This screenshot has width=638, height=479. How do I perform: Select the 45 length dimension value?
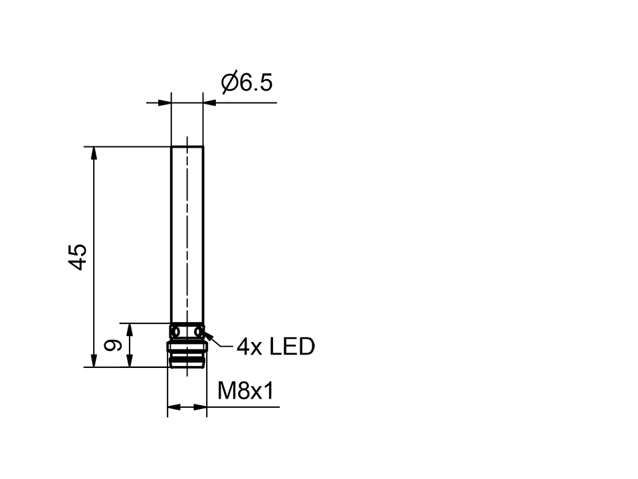[78, 256]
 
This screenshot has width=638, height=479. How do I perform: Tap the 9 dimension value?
[114, 345]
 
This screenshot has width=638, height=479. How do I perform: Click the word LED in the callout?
[292, 347]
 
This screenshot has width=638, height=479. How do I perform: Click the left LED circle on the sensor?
[176, 331]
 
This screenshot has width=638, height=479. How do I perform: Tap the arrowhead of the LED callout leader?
[208, 336]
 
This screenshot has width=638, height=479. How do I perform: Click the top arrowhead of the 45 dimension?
[94, 152]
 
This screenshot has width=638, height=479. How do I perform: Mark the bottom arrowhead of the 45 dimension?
[94, 360]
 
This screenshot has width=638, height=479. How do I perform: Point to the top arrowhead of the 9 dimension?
[131, 329]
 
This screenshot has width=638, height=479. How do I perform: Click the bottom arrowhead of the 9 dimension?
[131, 360]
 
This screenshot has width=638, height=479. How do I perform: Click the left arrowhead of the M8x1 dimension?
[173, 407]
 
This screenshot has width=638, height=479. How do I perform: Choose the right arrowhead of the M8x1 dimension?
[201, 407]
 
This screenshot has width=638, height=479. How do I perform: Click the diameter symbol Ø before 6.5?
[229, 83]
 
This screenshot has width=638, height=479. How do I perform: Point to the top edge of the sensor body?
[187, 146]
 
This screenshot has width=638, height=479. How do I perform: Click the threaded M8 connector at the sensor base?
[187, 356]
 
